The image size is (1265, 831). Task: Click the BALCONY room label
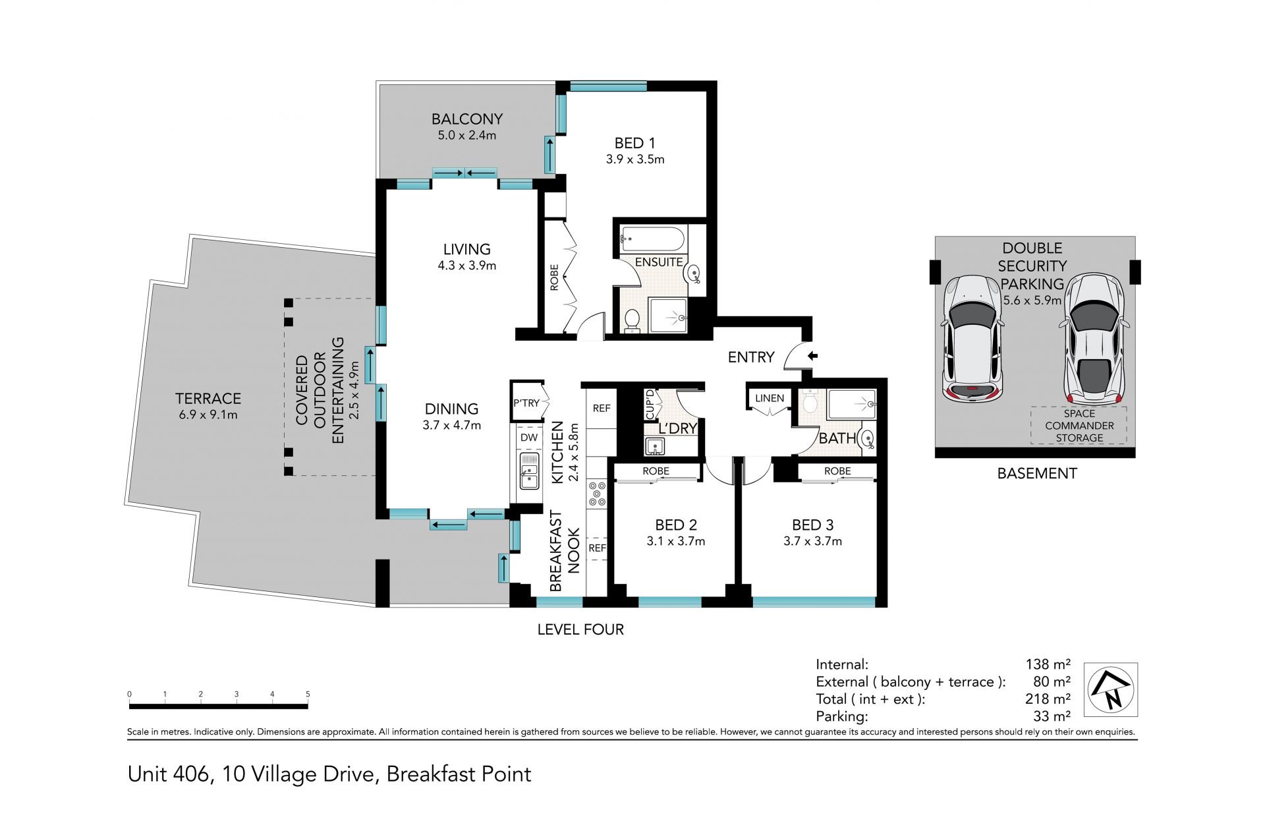pos(467,119)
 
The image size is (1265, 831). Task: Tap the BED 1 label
pos(634,143)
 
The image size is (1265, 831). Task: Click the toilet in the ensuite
pos(631,320)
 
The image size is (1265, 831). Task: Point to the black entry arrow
pos(813,356)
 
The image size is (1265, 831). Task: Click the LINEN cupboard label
pos(770,398)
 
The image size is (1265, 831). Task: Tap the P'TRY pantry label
pos(526,403)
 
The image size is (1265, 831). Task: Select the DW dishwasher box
pos(529,437)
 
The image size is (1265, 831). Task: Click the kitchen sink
pos(529,471)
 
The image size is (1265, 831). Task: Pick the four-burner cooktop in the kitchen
pos(598,494)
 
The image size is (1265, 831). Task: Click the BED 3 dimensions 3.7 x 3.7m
pos(812,541)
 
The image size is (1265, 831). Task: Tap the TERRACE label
pos(208,399)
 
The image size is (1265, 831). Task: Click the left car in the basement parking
pos(973,340)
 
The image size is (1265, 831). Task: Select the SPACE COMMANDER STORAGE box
pos(1079,425)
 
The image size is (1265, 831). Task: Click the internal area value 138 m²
pos(1048,664)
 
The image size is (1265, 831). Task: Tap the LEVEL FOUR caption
pos(580,629)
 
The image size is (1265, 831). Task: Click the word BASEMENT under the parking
pos(1037,473)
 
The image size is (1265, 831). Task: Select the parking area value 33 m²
pos(1052,716)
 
